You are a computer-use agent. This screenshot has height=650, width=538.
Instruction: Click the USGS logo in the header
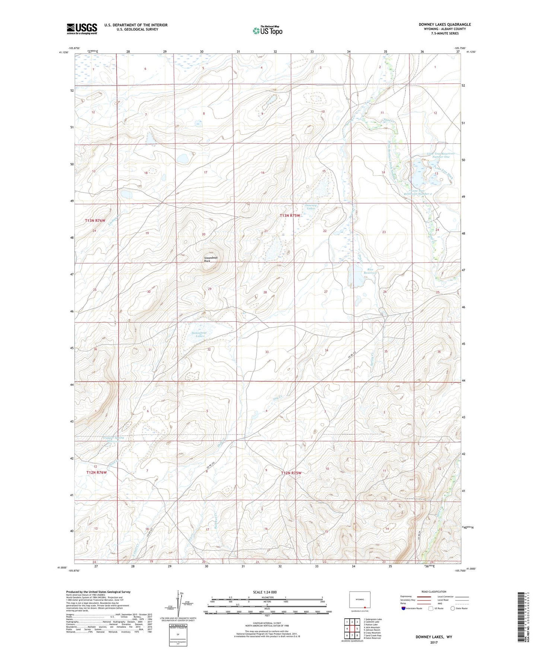(82, 29)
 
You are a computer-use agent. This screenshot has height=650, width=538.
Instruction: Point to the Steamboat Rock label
(211, 259)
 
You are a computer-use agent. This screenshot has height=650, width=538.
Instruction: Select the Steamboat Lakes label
(198, 334)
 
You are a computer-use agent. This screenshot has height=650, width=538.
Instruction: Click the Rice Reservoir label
(370, 271)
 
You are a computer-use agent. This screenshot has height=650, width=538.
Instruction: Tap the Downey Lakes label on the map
(311, 207)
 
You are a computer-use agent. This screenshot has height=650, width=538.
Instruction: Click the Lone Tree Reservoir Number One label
(441, 155)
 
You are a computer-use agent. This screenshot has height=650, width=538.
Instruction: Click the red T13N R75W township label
(290, 216)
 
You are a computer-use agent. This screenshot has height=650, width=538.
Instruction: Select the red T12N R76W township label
(96, 472)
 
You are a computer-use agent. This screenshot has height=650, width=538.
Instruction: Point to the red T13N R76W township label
(96, 220)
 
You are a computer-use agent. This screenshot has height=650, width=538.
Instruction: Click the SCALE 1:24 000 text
(264, 592)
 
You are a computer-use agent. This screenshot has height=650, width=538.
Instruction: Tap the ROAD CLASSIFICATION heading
(434, 592)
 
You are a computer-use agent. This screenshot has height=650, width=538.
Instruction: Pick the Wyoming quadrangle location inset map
(360, 601)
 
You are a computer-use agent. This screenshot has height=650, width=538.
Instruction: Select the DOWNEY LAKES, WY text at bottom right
(434, 637)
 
